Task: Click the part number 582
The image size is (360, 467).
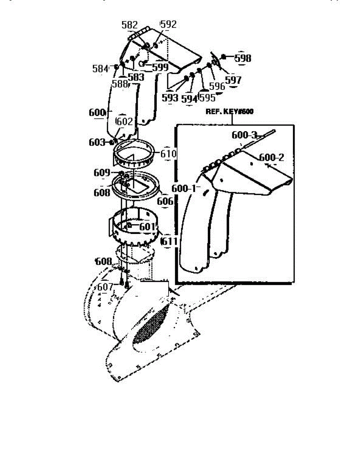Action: point(130,25)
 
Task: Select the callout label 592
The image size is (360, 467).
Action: point(169,25)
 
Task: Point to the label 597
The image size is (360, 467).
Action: point(234,80)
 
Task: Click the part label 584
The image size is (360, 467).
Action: point(100,69)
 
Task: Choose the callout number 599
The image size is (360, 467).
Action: point(160,67)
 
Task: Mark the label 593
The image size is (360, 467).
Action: point(170,98)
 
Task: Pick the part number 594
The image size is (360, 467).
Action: point(190,98)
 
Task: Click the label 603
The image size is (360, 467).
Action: point(97,142)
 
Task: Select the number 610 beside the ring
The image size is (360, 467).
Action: point(169,153)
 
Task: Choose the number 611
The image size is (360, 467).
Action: point(170,242)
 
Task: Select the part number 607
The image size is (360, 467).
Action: point(105,287)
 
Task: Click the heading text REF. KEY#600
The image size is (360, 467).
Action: point(229,112)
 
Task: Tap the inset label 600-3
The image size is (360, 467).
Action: point(244,135)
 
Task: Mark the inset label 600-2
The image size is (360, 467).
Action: point(272,158)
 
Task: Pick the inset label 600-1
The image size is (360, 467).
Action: point(185,188)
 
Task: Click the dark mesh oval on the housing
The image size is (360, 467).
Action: point(152,324)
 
